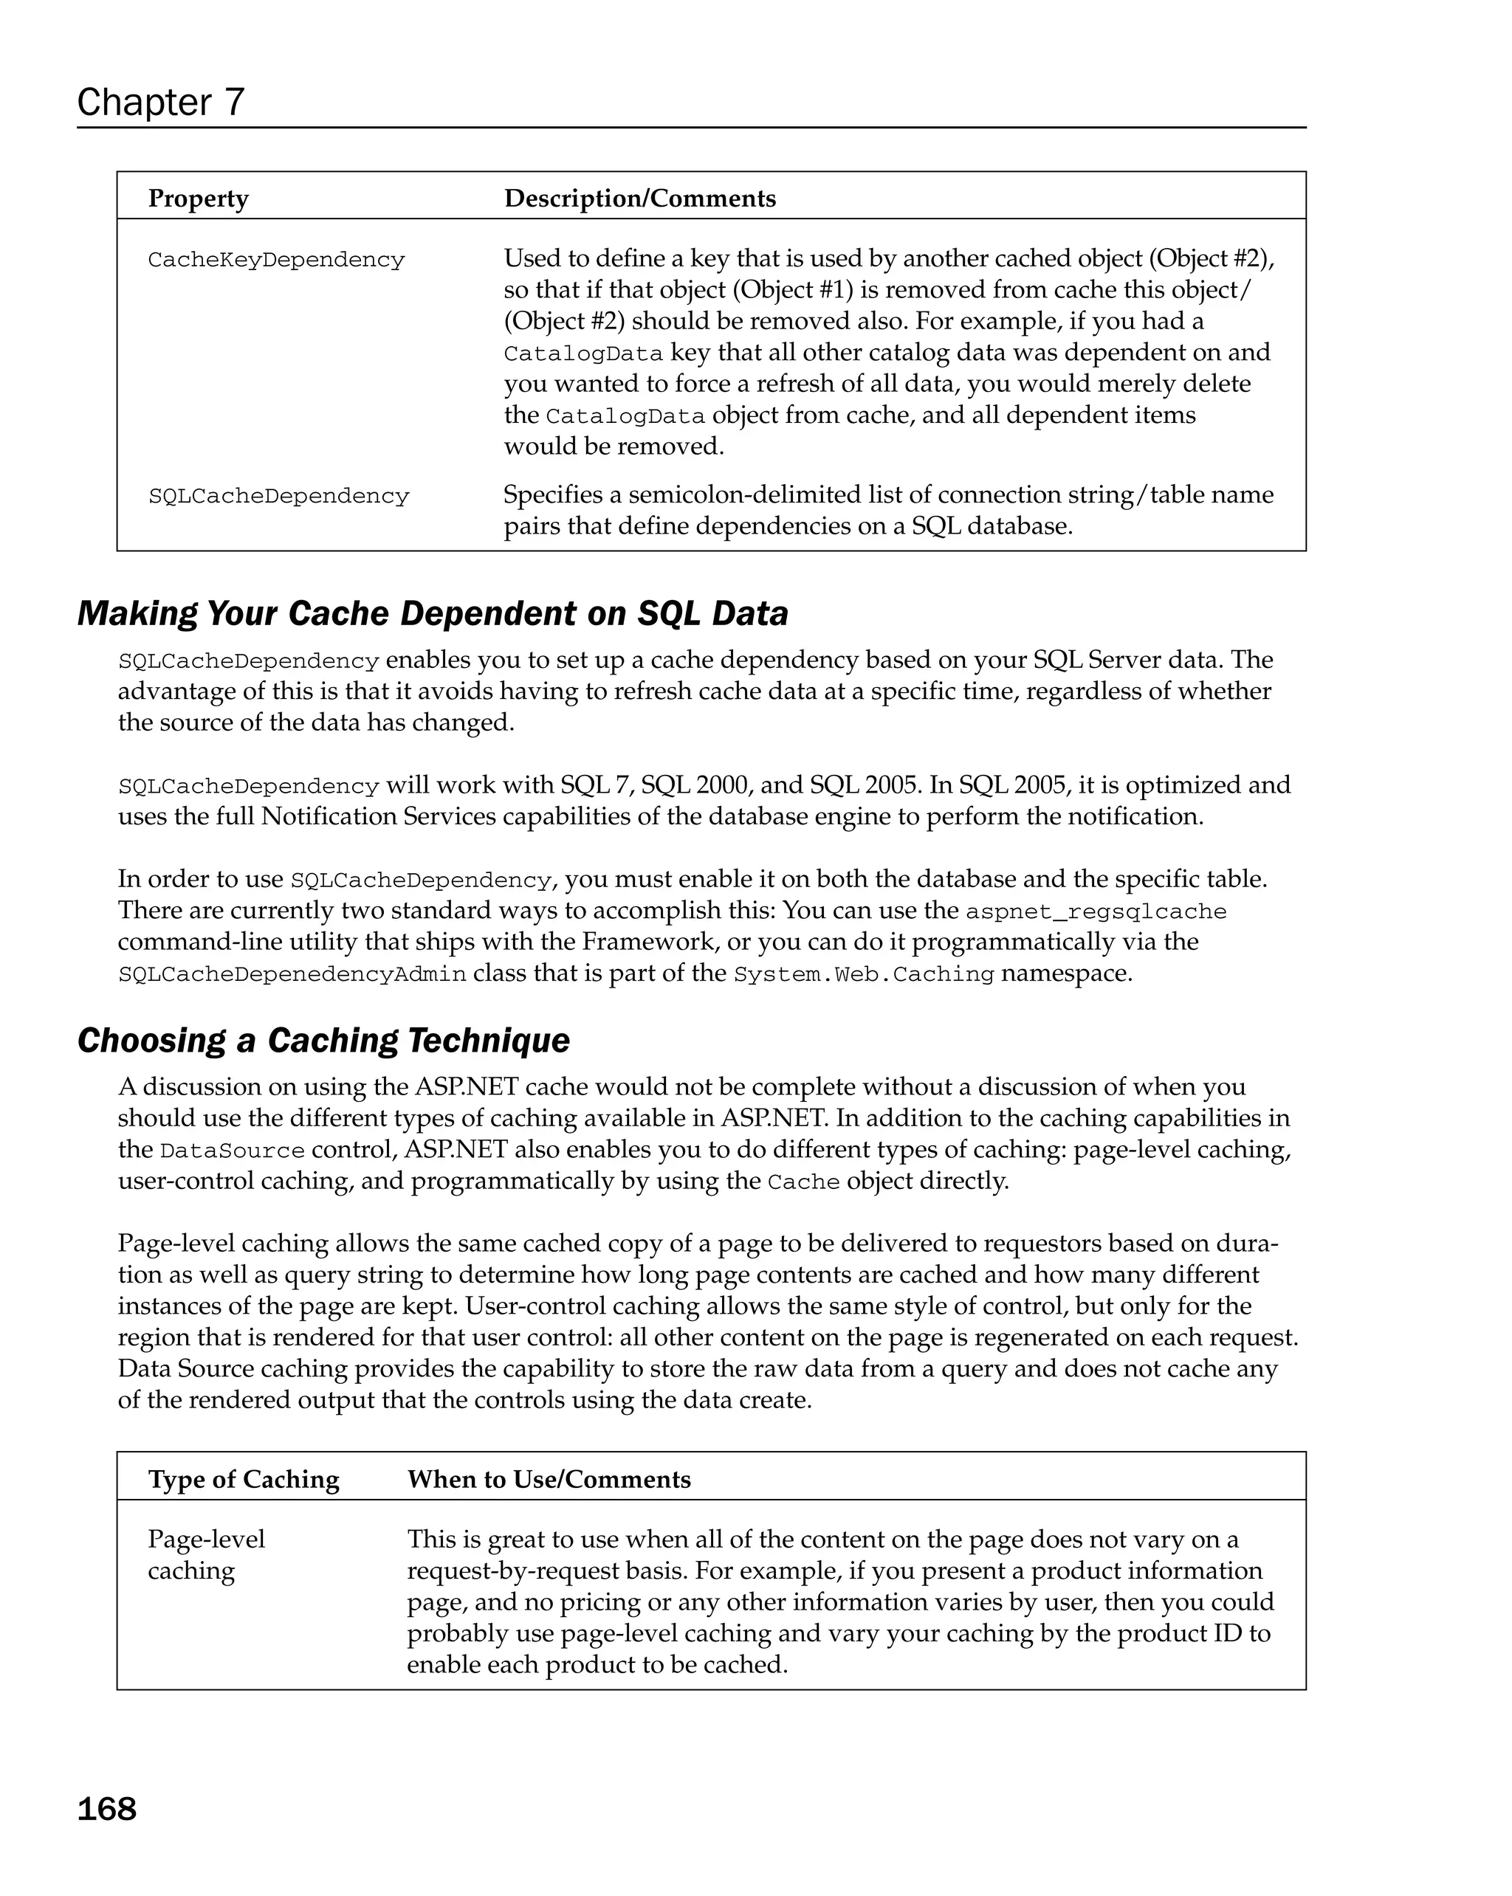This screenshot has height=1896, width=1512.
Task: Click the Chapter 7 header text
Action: (160, 102)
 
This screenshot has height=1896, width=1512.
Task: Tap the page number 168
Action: (106, 1809)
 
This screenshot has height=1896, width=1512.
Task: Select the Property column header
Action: (198, 199)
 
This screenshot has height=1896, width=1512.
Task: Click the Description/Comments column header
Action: (639, 199)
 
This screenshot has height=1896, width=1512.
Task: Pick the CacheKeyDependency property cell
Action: (276, 261)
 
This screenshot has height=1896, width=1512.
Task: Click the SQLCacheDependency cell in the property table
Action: (278, 496)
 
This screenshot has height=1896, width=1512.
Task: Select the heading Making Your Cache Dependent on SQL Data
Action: (433, 613)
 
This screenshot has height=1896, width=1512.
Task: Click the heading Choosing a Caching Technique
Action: (323, 1041)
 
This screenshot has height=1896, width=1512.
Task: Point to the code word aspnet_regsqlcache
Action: (1095, 911)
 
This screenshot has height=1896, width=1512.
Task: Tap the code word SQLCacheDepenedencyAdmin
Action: (292, 974)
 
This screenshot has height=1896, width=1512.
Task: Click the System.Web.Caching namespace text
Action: (863, 974)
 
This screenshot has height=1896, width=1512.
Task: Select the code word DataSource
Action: (233, 1151)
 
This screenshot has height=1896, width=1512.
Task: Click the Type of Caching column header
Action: (244, 1479)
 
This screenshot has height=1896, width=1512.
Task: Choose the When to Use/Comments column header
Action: (549, 1479)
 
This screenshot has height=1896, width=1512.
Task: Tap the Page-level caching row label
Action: (206, 1555)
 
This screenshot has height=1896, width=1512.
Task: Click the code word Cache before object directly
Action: (803, 1182)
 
